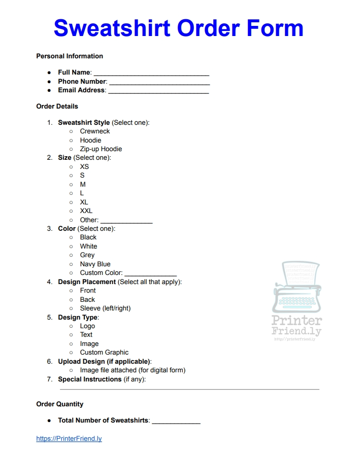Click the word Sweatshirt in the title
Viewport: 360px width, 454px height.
pyautogui.click(x=111, y=28)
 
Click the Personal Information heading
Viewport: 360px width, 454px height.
pyautogui.click(x=70, y=56)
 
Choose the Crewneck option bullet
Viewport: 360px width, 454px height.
pyautogui.click(x=72, y=131)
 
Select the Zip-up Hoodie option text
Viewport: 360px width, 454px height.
pyautogui.click(x=101, y=149)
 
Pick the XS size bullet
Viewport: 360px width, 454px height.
pyautogui.click(x=72, y=167)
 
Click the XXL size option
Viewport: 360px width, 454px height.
pyautogui.click(x=86, y=211)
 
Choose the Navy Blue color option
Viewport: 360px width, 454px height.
pyautogui.click(x=95, y=264)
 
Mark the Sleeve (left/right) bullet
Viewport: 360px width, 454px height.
pyautogui.click(x=72, y=308)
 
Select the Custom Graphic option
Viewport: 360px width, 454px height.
pyautogui.click(x=104, y=353)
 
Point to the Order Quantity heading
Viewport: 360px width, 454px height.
pyautogui.click(x=60, y=404)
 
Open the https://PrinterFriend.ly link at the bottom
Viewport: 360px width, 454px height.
pyautogui.click(x=69, y=439)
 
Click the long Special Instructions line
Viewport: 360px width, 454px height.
pyautogui.click(x=189, y=389)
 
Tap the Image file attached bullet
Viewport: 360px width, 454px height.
pyautogui.click(x=72, y=370)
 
